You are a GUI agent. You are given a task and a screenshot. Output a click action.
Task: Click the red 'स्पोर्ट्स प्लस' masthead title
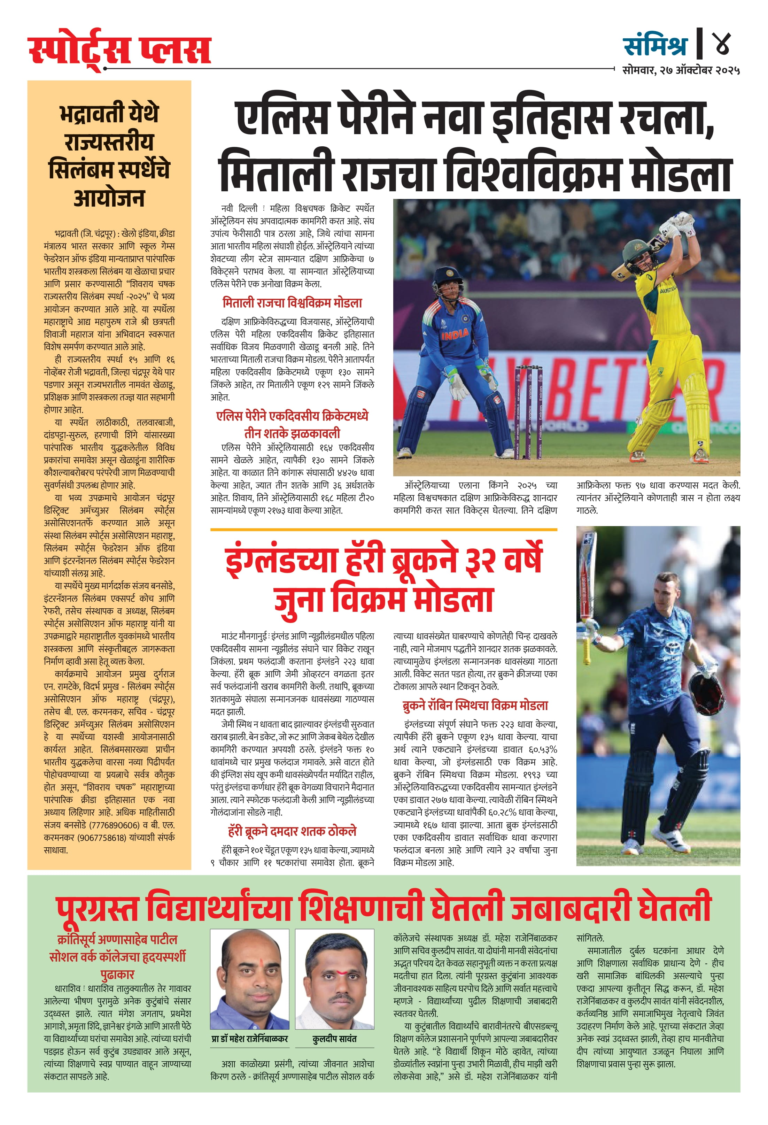pyautogui.click(x=119, y=51)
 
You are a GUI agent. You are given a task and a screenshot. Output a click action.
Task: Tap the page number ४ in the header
pyautogui.click(x=722, y=43)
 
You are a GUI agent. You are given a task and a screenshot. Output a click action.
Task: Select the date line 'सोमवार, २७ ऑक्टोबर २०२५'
pyautogui.click(x=681, y=70)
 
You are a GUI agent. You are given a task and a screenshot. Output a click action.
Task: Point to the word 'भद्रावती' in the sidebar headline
pyautogui.click(x=109, y=114)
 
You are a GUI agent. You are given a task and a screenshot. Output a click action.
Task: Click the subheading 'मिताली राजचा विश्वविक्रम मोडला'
pyautogui.click(x=292, y=303)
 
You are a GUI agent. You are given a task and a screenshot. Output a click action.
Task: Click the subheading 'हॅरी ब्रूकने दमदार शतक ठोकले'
pyautogui.click(x=292, y=832)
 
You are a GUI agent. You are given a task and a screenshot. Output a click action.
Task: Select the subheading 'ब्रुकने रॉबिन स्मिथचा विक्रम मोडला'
pyautogui.click(x=475, y=706)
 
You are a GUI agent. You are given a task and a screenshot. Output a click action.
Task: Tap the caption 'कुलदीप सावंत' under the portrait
pyautogui.click(x=334, y=1039)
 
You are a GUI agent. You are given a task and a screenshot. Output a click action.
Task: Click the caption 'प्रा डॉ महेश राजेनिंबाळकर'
pyautogui.click(x=250, y=1039)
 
